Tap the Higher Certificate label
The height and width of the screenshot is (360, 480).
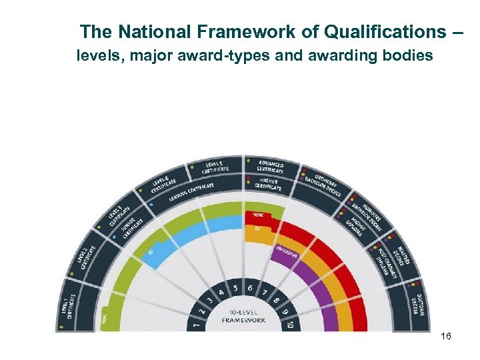pos(269,183)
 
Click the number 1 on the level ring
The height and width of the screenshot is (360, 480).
pos(195,326)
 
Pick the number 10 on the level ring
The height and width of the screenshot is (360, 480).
pos(291,326)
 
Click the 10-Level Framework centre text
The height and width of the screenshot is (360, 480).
pos(243,316)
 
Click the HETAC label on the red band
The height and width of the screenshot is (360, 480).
pos(259,214)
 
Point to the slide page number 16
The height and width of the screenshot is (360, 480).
pos(446,337)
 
